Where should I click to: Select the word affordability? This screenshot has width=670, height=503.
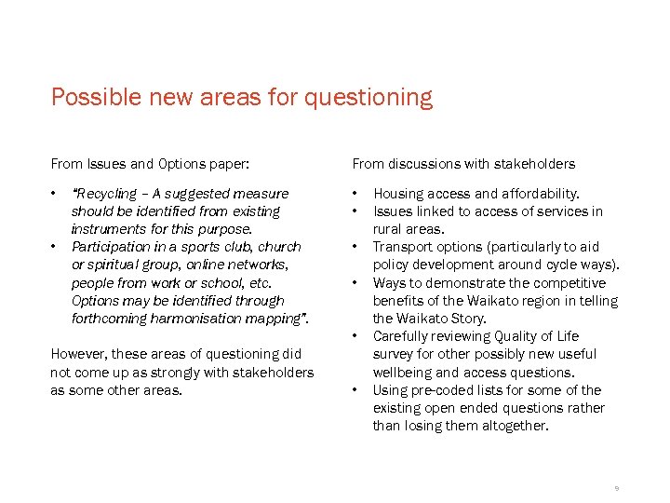[x=538, y=194]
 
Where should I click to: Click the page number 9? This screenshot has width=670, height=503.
[x=616, y=488]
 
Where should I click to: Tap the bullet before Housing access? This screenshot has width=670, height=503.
[x=355, y=194]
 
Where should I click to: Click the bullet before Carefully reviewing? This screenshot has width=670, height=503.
[x=355, y=336]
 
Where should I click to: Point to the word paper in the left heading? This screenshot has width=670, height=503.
[x=228, y=164]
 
